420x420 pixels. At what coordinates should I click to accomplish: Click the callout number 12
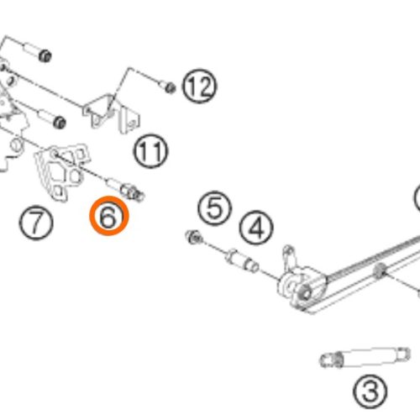click(199, 86)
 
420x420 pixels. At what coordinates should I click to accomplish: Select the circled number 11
click(150, 150)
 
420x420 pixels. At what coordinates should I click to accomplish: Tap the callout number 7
click(36, 223)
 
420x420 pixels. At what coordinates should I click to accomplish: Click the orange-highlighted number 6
click(109, 216)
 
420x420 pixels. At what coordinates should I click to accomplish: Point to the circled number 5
click(215, 208)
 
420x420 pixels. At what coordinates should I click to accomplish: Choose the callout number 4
click(256, 228)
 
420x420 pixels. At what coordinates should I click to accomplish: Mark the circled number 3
click(370, 392)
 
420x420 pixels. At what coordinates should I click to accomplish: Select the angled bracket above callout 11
click(112, 113)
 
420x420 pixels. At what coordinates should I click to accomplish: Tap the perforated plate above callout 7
click(61, 171)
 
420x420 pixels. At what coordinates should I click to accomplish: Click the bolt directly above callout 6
click(126, 188)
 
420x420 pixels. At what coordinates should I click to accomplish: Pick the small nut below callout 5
click(194, 237)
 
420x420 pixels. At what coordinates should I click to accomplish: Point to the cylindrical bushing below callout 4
click(242, 261)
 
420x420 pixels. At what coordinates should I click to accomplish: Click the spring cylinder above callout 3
click(365, 357)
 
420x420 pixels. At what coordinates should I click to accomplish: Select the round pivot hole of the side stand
click(305, 294)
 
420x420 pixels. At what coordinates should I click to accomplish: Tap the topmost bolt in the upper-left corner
click(37, 52)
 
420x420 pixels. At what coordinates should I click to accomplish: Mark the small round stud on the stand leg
click(380, 270)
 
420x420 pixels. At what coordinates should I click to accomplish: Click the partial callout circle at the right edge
click(417, 197)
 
